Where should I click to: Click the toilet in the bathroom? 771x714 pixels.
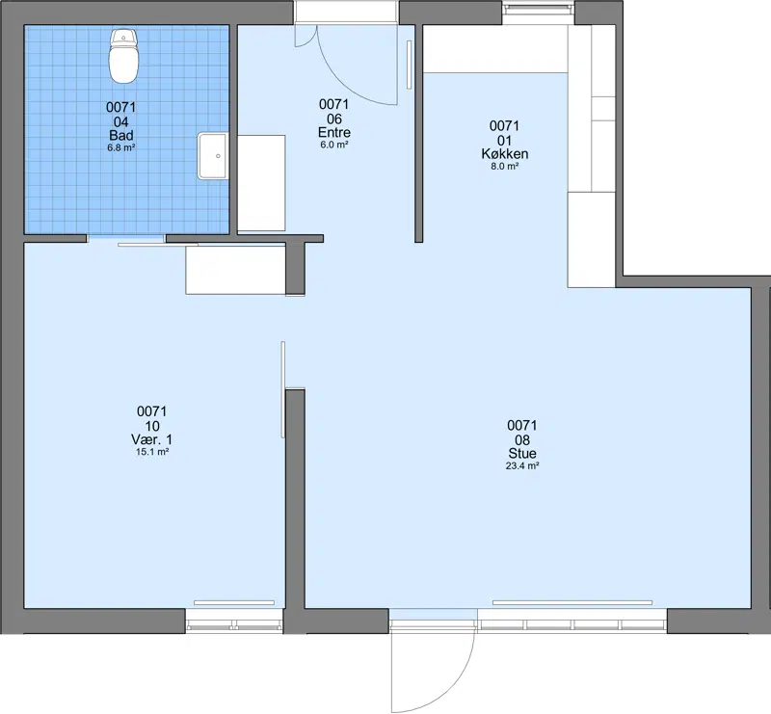point(123,56)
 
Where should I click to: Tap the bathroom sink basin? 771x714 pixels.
point(213,155)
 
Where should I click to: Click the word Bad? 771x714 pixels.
point(121,135)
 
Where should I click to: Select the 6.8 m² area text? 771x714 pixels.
point(121,147)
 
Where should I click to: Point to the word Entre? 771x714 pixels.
point(334,132)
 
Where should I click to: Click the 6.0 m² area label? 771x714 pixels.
point(334,145)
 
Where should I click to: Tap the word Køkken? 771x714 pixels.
point(505,154)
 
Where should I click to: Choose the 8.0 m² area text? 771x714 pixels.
point(505,166)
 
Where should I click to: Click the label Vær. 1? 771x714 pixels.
point(151,439)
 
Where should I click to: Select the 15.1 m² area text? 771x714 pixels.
point(152,452)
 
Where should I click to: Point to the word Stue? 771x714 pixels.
point(522,454)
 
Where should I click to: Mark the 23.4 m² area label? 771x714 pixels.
point(522,465)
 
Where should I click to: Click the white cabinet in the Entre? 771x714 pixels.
point(261,183)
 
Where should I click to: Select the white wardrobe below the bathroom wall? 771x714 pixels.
point(235,270)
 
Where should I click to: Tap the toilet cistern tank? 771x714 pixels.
point(123,37)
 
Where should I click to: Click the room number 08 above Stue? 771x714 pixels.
point(522,439)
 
